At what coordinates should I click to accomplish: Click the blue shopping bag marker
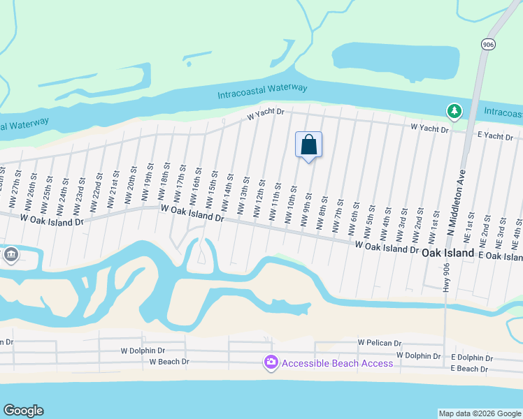[x=308, y=145]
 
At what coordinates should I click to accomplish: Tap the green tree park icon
[x=454, y=111]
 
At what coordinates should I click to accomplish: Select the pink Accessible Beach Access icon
[x=271, y=362]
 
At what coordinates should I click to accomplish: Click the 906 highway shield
[x=488, y=44]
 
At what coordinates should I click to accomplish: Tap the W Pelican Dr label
[x=380, y=343]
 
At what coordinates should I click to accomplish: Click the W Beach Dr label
[x=169, y=362]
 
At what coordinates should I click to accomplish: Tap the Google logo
[x=23, y=411]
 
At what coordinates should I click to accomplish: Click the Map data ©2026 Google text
[x=479, y=413]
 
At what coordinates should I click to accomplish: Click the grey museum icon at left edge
[x=10, y=254]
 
